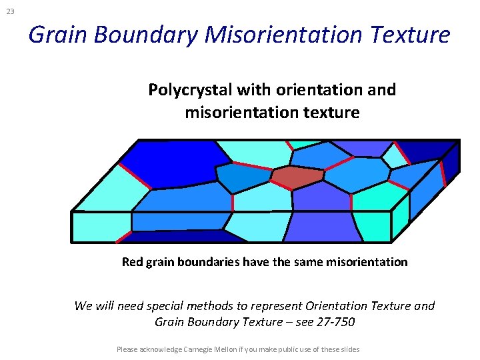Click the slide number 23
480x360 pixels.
click(x=10, y=11)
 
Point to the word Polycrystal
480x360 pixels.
click(x=185, y=89)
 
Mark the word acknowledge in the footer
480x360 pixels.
click(x=159, y=349)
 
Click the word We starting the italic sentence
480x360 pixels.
click(x=83, y=306)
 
